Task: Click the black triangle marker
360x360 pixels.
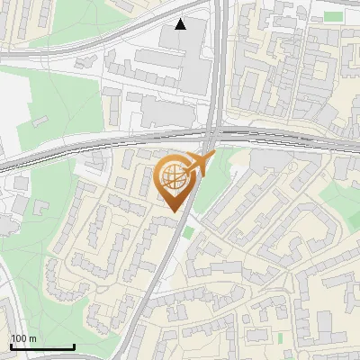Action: (x=181, y=24)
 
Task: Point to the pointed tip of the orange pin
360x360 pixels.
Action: (x=172, y=211)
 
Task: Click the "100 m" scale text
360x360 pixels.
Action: (x=23, y=338)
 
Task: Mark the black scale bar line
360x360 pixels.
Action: (x=41, y=346)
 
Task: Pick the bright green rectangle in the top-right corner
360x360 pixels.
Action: (x=333, y=16)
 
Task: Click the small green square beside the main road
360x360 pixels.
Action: (x=188, y=232)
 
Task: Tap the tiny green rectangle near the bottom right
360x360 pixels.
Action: (x=280, y=337)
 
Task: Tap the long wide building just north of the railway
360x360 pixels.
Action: (x=166, y=113)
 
